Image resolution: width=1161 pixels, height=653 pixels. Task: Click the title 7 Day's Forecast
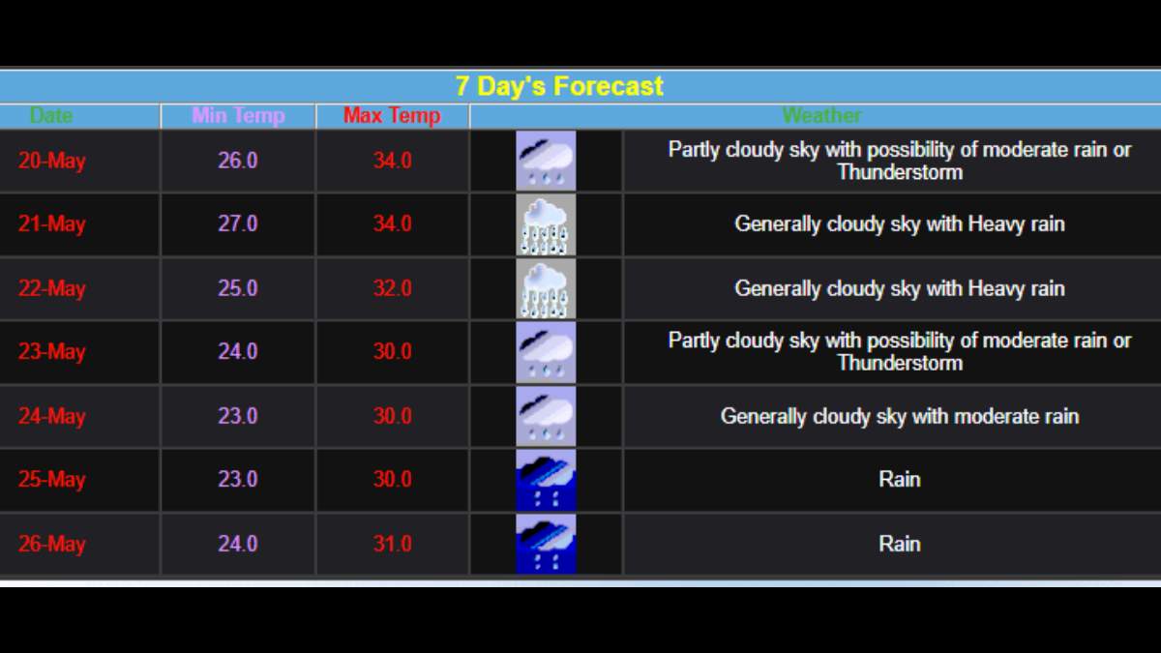(x=559, y=86)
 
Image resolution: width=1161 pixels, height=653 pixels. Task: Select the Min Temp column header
(x=238, y=115)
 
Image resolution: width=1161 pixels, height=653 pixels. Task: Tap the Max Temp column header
(x=392, y=115)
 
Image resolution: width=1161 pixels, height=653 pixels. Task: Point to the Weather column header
(x=821, y=115)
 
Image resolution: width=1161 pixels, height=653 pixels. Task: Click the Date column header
(x=50, y=115)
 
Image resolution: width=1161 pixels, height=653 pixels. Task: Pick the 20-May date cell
(x=52, y=161)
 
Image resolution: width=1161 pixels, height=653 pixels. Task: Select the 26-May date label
(x=52, y=544)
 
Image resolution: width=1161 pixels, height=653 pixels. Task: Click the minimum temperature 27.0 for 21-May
(x=237, y=223)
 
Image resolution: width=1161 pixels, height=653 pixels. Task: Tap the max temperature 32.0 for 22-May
(x=393, y=288)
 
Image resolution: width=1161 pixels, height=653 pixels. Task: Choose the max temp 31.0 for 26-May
(x=393, y=544)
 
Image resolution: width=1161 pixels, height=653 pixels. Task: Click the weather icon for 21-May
(x=546, y=224)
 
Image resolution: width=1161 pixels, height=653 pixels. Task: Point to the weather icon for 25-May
(x=546, y=480)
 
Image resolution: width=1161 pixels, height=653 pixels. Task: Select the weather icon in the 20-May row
(x=546, y=161)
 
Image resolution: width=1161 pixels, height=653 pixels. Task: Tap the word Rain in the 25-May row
(x=900, y=480)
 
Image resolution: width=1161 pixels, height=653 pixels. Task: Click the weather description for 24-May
(x=900, y=416)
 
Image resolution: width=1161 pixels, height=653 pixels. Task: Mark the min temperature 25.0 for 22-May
(x=237, y=288)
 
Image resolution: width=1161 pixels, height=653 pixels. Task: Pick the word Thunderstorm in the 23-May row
(x=901, y=363)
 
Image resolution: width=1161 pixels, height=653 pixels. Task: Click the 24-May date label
(x=52, y=416)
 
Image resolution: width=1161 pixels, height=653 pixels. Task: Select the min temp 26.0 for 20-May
(x=237, y=161)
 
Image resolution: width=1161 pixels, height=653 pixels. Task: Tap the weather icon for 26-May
(x=546, y=544)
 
